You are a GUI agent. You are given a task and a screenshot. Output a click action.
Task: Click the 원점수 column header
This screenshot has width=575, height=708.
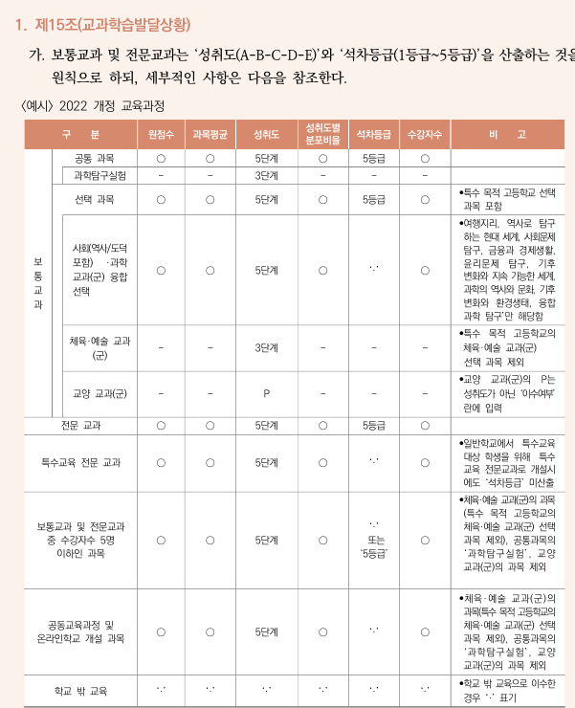pos(161,135)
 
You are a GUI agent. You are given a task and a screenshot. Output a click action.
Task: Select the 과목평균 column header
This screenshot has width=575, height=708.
pos(210,135)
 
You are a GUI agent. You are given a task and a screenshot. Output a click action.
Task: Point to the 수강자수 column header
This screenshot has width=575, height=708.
pos(425,135)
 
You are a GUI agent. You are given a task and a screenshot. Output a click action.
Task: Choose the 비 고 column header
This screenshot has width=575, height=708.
pos(507,135)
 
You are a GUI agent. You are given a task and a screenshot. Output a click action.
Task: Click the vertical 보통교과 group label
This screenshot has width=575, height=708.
pos(38,283)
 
